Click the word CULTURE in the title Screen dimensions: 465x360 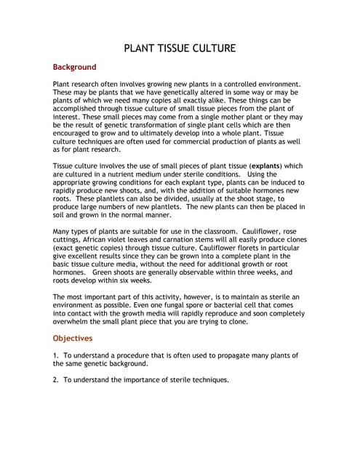211,49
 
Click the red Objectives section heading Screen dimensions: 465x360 73,338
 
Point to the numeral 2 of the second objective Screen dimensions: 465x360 55,379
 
